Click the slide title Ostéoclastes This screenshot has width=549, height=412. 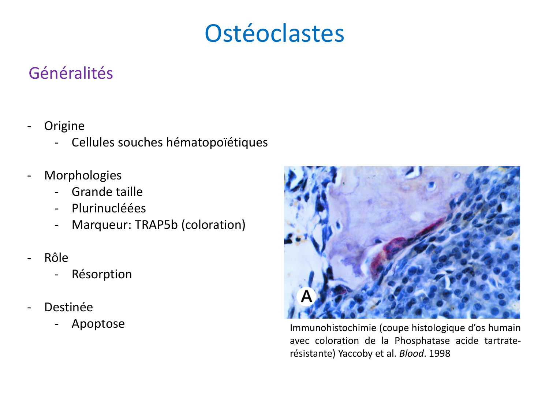pyautogui.click(x=274, y=33)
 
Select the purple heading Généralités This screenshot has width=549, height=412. pyautogui.click(x=71, y=73)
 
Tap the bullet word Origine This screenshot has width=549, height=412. pyautogui.click(x=64, y=126)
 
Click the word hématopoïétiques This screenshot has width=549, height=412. pyautogui.click(x=217, y=142)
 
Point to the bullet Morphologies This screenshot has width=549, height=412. pyautogui.click(x=83, y=175)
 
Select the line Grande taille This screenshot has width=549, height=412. pyautogui.click(x=107, y=192)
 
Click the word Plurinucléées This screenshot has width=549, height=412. pyautogui.click(x=109, y=208)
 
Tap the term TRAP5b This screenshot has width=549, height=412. pyautogui.click(x=156, y=224)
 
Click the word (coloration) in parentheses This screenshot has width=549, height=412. pyautogui.click(x=213, y=224)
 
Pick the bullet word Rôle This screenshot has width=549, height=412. pyautogui.click(x=56, y=258)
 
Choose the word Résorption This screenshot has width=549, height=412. pyautogui.click(x=102, y=274)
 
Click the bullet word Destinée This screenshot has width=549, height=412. pyautogui.click(x=68, y=307)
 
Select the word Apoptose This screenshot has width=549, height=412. pyautogui.click(x=98, y=323)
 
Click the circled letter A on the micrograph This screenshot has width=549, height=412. pyautogui.click(x=306, y=296)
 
